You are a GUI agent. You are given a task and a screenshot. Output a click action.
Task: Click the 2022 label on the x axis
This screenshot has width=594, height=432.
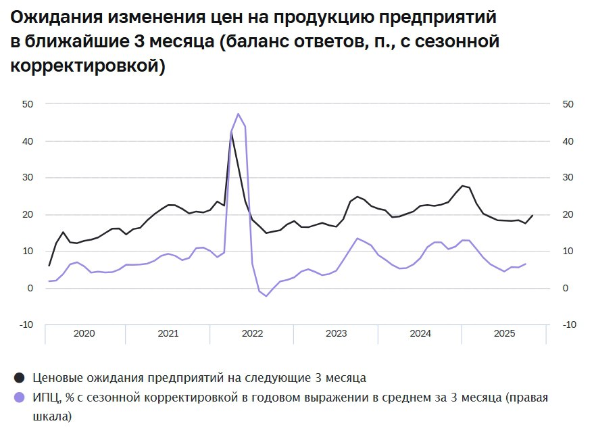pyautogui.click(x=252, y=334)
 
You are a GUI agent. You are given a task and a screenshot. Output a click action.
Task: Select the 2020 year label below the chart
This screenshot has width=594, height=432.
pyautogui.click(x=84, y=334)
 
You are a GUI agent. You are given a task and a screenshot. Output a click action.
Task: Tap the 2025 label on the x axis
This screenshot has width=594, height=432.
pyautogui.click(x=505, y=334)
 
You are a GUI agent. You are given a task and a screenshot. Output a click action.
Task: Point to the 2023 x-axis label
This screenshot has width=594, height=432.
pyautogui.click(x=336, y=334)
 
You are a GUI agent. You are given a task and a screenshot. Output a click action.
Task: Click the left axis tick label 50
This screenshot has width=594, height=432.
pyautogui.click(x=28, y=104)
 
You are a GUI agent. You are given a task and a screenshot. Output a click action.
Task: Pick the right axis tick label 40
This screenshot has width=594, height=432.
pyautogui.click(x=568, y=141)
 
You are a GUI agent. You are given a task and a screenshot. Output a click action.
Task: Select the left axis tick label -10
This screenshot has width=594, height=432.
pyautogui.click(x=27, y=325)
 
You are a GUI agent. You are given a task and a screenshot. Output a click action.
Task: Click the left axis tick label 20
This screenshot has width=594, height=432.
pyautogui.click(x=28, y=215)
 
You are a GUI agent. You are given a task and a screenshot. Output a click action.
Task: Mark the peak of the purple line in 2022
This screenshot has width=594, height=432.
pyautogui.click(x=238, y=114)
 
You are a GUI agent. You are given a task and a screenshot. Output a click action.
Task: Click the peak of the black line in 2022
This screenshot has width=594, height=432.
pyautogui.click(x=231, y=133)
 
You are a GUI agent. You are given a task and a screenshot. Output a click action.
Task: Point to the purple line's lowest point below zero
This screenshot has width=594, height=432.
pyautogui.click(x=266, y=296)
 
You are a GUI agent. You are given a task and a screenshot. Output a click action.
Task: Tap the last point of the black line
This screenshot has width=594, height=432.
pyautogui.click(x=533, y=216)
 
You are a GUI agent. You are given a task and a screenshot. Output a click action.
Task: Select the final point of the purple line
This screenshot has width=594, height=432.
pyautogui.click(x=525, y=264)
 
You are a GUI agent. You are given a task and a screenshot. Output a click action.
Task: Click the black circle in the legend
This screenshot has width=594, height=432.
pyautogui.click(x=20, y=377)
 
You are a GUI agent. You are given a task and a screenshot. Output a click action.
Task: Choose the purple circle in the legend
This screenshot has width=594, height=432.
pyautogui.click(x=20, y=398)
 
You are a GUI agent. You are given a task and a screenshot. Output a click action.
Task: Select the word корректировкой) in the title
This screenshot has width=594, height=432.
pyautogui.click(x=88, y=67)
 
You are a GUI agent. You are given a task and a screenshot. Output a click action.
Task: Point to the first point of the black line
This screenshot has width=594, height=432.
pyautogui.click(x=49, y=265)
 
